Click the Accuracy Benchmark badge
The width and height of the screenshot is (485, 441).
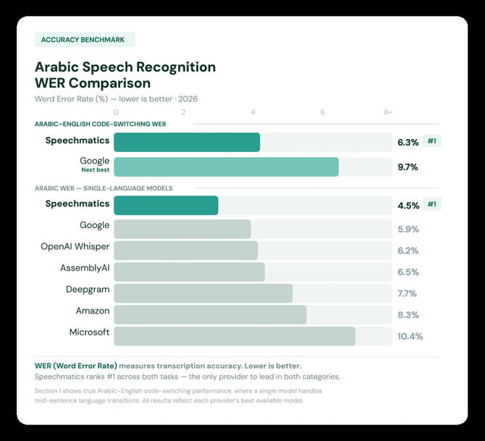(84, 40)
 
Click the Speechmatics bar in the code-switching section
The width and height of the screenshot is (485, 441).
(187, 142)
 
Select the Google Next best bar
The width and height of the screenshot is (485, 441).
(226, 167)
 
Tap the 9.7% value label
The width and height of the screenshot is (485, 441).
(408, 167)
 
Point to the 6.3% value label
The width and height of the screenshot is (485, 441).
(408, 142)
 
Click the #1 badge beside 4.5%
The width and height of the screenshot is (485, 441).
(432, 204)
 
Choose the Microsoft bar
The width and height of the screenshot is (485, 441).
(234, 336)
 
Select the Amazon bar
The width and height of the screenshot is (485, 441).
(210, 314)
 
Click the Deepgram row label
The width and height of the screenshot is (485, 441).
(88, 289)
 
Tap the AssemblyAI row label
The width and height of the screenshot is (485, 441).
(85, 268)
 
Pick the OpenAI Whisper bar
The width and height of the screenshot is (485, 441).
(186, 251)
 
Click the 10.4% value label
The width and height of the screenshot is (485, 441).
(410, 337)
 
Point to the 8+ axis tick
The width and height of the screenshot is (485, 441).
(388, 112)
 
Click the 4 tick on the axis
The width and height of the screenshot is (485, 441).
(253, 112)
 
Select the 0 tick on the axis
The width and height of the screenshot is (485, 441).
(117, 112)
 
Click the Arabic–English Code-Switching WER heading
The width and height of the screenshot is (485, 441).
(100, 124)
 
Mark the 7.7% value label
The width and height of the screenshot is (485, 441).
(408, 293)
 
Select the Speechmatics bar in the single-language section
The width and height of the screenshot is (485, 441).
(166, 205)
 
